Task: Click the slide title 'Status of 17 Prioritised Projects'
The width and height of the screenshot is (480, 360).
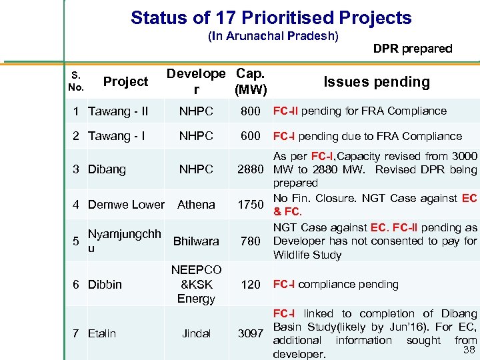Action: [x=271, y=18]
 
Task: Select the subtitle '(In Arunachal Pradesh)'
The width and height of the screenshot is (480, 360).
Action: [x=273, y=35]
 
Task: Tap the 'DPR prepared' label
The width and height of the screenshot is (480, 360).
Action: [x=412, y=48]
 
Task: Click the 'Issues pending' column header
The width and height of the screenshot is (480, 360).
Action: [x=376, y=82]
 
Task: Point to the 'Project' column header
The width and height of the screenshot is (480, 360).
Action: [x=125, y=82]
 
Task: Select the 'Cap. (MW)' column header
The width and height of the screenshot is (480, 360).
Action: [x=251, y=81]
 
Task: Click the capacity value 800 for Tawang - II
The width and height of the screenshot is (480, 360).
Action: [x=251, y=111]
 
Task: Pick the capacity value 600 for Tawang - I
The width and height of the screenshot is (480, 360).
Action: [x=251, y=136]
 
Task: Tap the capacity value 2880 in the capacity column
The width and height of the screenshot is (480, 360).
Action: [x=251, y=169]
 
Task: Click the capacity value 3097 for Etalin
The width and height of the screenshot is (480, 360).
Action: [x=251, y=333]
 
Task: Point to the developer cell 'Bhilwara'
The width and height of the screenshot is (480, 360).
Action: [x=196, y=241]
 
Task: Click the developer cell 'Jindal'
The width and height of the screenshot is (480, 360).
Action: [x=196, y=333]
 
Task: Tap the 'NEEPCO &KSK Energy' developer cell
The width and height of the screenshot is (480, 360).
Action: [x=196, y=284]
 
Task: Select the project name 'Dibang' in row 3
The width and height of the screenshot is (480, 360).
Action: [x=107, y=169]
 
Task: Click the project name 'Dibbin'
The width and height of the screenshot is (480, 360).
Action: [x=105, y=285]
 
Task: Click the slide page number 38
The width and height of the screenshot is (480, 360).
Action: [x=469, y=349]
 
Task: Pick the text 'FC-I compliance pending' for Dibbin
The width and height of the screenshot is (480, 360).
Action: [x=336, y=285]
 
